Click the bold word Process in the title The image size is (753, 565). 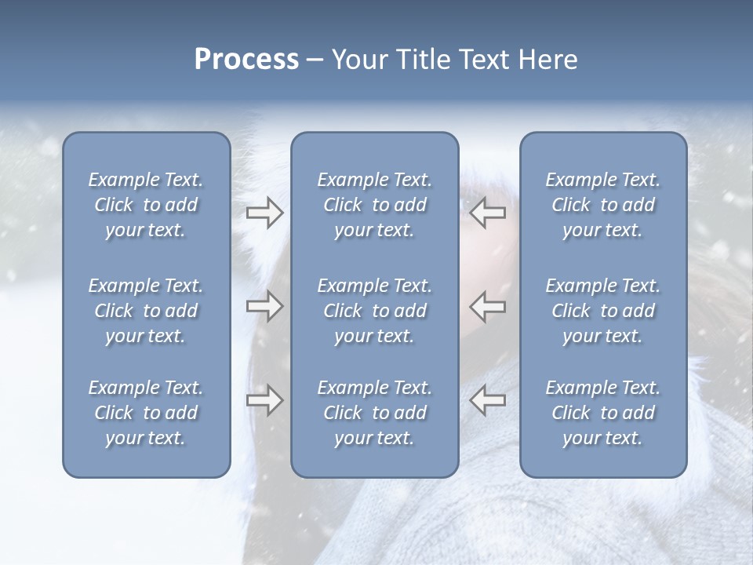(246, 60)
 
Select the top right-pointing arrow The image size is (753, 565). (264, 213)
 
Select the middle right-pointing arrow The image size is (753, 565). (264, 306)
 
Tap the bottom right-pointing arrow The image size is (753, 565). (264, 400)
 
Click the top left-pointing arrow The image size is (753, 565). (488, 213)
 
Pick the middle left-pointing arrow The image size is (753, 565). (488, 306)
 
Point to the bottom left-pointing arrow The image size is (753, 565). (488, 400)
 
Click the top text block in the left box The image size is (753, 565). (146, 205)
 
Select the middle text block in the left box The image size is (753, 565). (146, 311)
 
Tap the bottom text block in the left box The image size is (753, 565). (146, 413)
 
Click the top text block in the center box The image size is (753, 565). (375, 205)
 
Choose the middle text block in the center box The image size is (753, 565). (375, 311)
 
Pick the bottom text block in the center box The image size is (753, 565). (375, 413)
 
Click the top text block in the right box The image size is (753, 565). (603, 205)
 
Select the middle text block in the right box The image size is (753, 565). (603, 311)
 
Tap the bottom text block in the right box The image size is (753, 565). (603, 413)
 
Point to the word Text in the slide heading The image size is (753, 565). (485, 60)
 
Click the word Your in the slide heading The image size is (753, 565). (359, 60)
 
